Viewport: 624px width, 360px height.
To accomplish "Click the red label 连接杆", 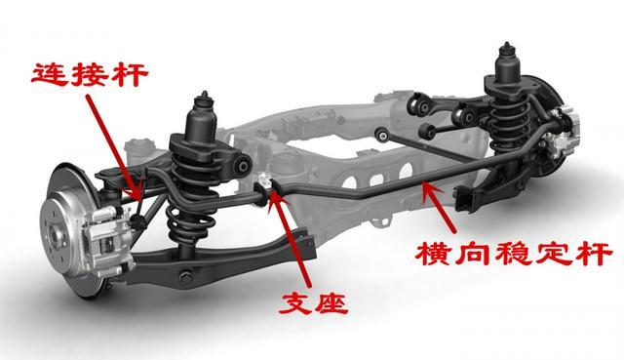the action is tap(90, 74).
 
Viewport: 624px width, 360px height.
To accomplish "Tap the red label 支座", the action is tap(314, 303).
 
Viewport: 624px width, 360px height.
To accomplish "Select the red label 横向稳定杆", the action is tap(514, 254).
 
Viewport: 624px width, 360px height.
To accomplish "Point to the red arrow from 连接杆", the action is tap(113, 146).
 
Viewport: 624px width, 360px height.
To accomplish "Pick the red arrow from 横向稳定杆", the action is tap(439, 206).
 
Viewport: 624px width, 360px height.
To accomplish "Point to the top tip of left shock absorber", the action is tap(205, 94).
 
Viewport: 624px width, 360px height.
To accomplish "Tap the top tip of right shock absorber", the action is tap(507, 43).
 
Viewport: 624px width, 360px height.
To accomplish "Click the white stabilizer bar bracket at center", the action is tap(264, 181).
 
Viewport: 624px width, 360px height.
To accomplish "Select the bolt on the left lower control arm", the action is tap(185, 277).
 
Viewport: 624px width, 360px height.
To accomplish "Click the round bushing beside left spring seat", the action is tap(243, 166).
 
